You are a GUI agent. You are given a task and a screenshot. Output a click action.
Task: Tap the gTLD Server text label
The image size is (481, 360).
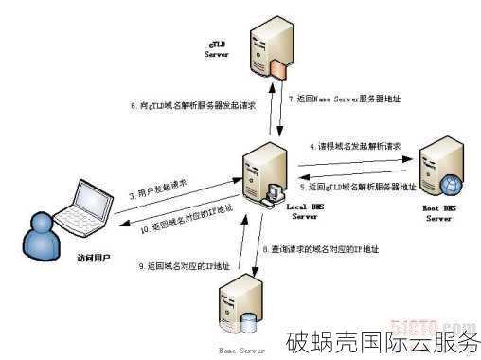pos(217,48)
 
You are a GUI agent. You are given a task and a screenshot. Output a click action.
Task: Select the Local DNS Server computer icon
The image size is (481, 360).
pos(264,171)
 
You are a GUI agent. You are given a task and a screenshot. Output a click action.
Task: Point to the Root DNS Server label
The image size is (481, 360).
pos(438,212)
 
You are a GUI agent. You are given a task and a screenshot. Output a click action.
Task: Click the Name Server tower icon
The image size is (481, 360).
pos(241,304)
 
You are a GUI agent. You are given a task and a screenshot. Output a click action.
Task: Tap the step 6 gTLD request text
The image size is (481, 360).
pos(185,104)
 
